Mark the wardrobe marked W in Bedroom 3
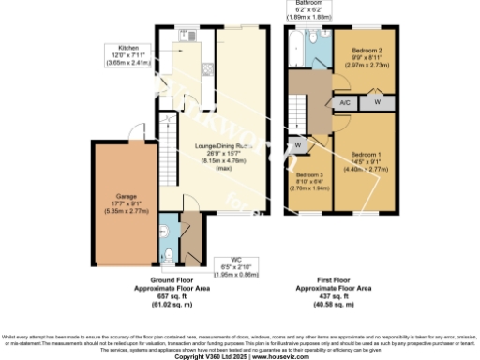(298, 145)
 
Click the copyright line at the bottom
(240, 356)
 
